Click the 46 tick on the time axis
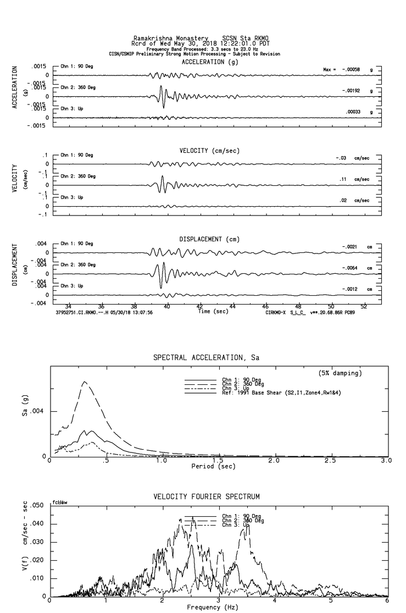(265, 306)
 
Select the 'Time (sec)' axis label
(213, 312)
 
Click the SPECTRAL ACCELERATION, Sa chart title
(205, 358)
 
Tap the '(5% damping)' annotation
(340, 373)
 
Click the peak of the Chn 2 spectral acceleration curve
(84, 382)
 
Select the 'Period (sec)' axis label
(214, 466)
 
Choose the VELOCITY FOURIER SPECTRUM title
(205, 497)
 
